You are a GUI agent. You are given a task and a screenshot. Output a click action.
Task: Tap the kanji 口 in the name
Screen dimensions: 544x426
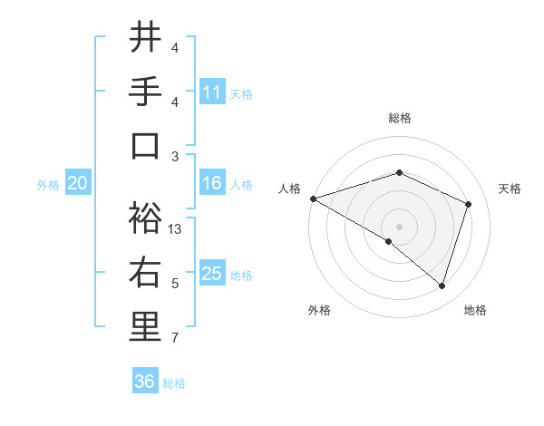coord(145,146)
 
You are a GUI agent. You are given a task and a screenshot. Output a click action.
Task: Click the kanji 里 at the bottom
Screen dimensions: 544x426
coord(145,327)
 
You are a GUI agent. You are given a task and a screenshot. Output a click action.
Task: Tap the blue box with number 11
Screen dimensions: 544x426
coord(212,92)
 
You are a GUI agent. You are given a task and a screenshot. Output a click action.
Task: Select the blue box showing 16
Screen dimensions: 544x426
coord(212,183)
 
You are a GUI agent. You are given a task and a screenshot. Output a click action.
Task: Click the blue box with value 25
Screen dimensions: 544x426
coord(212,274)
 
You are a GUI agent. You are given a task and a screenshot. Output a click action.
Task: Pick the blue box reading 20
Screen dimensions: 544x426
coord(77,183)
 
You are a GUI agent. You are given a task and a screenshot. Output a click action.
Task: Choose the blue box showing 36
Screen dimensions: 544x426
coord(144,382)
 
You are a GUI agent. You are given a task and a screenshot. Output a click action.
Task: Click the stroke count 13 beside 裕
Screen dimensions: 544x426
coord(176,229)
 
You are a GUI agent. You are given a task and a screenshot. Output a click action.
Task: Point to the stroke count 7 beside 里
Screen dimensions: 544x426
coord(174,339)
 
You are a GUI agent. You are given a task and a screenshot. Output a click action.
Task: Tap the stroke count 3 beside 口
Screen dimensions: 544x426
coord(175,157)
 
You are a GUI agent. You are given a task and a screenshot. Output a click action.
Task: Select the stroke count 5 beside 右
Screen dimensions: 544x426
coord(175,284)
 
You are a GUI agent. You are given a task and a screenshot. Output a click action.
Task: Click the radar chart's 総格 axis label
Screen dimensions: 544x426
coord(400,118)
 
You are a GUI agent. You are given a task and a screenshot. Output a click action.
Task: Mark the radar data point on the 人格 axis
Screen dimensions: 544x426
coord(313,198)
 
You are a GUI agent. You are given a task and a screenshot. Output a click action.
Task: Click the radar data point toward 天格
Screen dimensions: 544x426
coord(469,204)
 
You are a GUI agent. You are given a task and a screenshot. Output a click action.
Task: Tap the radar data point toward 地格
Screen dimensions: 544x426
coord(442,286)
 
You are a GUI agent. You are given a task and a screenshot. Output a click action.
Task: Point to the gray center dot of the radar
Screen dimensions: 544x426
coord(400,226)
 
